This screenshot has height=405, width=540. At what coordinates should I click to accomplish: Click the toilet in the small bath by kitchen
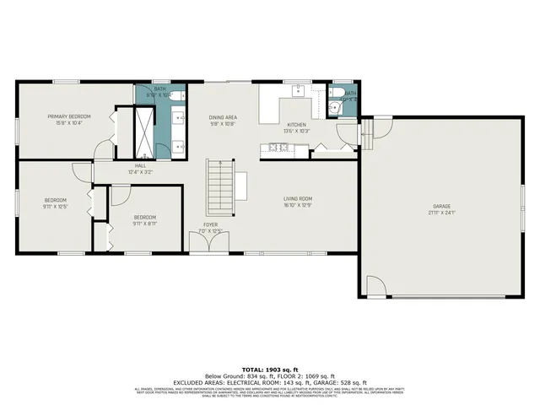pos(335,92)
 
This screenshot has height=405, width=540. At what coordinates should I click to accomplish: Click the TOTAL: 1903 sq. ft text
pos(270,370)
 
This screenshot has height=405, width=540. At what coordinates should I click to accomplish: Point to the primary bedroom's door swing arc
pos(103,148)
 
